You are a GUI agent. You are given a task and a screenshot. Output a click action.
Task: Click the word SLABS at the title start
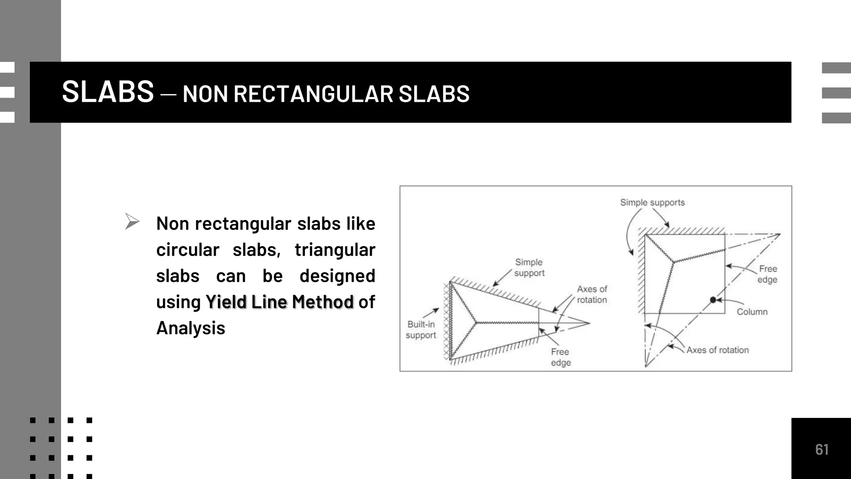click(x=108, y=92)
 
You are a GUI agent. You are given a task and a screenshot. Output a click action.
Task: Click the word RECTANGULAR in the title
click(x=313, y=94)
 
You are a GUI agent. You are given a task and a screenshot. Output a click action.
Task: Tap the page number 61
click(x=821, y=449)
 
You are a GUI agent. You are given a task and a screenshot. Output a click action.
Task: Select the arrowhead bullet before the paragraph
click(x=132, y=221)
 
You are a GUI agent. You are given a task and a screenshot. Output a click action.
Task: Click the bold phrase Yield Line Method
click(x=279, y=302)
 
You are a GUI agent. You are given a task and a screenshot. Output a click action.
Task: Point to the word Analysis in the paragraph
click(x=191, y=328)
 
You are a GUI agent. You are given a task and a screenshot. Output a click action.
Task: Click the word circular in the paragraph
click(x=187, y=250)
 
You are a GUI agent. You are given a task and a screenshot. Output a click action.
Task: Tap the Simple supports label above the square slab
click(x=652, y=202)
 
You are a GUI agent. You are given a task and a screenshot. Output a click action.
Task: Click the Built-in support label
click(x=421, y=330)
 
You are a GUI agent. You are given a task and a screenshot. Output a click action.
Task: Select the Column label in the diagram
click(x=752, y=312)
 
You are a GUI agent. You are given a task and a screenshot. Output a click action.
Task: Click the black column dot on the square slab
click(x=713, y=300)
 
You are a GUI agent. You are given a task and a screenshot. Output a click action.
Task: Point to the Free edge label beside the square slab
click(x=767, y=274)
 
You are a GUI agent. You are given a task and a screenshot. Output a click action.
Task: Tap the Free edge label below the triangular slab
click(x=561, y=357)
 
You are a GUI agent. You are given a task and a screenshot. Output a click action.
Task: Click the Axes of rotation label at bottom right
click(x=717, y=350)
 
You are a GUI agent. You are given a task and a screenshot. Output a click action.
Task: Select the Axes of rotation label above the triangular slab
click(x=592, y=294)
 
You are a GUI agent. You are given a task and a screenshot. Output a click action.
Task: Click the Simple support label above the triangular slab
click(x=529, y=267)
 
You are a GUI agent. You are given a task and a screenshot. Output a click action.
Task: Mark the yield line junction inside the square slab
click(x=673, y=262)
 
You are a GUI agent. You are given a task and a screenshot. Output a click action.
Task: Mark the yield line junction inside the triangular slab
click(x=476, y=322)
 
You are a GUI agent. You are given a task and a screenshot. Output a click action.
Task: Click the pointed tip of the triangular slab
click(x=590, y=323)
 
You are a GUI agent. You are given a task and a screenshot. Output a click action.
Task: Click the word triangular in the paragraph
click(x=334, y=250)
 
